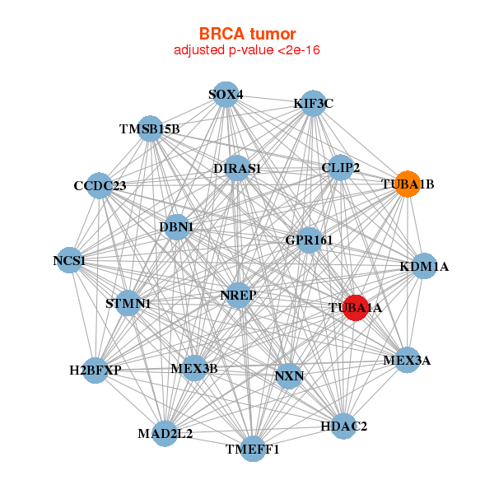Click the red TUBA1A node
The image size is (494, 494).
355,307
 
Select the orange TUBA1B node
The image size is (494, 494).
408,184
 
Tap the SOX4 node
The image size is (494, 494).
225,94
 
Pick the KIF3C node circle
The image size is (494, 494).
313,104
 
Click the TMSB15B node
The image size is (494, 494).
149,128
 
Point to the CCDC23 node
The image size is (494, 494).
100,185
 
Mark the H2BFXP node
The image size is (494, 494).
96,370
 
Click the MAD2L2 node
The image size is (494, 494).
165,433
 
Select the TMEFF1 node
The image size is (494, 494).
254,450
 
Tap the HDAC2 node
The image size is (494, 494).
343,426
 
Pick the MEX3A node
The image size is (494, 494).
407,360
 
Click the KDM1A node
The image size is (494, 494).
424,266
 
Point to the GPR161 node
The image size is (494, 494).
309,240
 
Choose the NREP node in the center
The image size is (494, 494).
239,295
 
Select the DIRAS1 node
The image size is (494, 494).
236,168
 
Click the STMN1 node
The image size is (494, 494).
128,303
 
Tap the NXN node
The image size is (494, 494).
289,376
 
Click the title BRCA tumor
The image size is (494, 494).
247,34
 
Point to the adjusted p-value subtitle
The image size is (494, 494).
247,50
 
